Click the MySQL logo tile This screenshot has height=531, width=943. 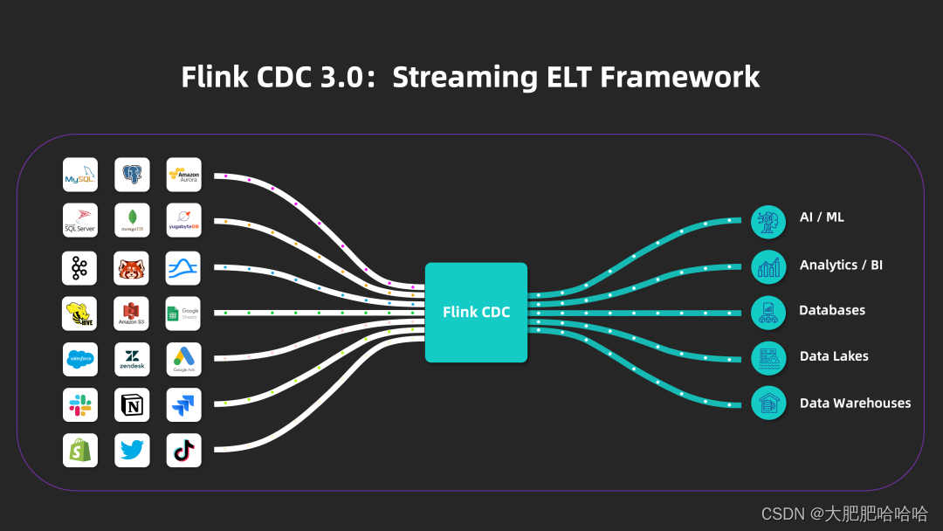pos(79,175)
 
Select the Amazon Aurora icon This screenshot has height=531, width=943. pos(183,175)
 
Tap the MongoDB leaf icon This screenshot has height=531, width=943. pos(132,221)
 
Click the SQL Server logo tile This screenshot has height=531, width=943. pos(79,221)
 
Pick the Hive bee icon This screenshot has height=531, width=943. pos(79,314)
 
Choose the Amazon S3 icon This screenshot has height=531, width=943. pos(132,314)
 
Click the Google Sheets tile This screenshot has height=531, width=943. pos(183,314)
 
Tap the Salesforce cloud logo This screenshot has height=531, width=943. pos(79,359)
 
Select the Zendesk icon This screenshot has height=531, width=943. pos(132,359)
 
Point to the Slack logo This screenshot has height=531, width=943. pos(79,404)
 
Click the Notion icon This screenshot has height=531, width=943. pos(132,404)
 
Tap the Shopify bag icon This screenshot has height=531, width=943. pos(79,450)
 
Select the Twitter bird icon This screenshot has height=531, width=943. pos(132,450)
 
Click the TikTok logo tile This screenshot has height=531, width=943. pos(183,450)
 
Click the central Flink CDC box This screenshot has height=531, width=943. pos(476,312)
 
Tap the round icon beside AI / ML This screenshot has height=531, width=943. pos(768,221)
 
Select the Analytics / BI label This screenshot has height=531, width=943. pos(841,265)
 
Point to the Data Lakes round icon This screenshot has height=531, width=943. pos(768,357)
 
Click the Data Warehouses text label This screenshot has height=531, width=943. pos(855,403)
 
